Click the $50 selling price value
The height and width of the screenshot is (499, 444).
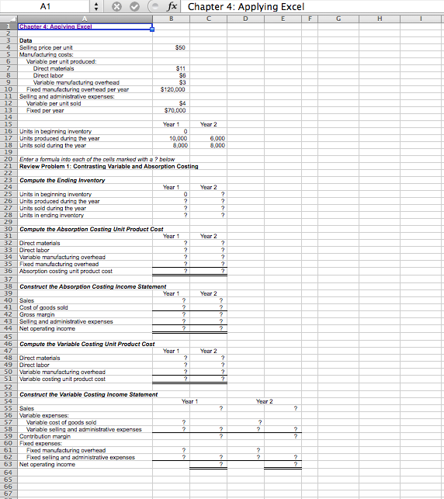click(x=180, y=47)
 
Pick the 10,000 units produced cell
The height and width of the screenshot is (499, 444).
click(x=178, y=138)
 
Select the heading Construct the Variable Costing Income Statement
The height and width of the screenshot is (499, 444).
click(x=88, y=394)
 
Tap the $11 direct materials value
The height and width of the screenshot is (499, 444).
click(x=180, y=68)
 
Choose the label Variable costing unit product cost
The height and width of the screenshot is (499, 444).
click(x=62, y=379)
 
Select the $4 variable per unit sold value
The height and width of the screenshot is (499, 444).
click(x=182, y=103)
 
